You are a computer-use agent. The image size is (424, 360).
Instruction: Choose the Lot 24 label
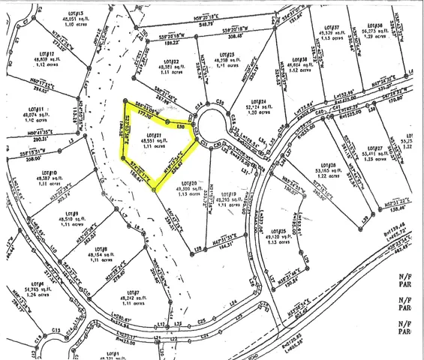257,100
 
